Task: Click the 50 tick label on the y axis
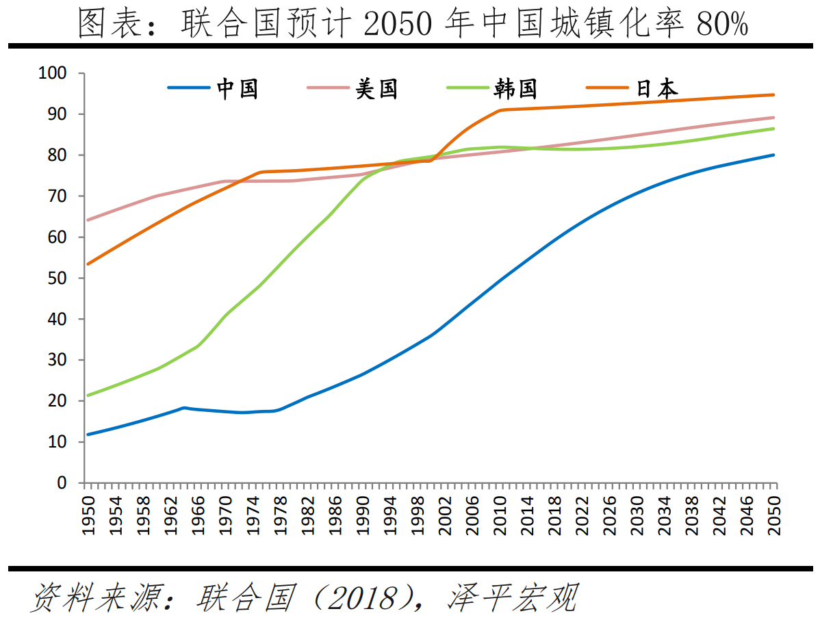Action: click(x=57, y=279)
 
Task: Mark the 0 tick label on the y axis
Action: click(x=62, y=483)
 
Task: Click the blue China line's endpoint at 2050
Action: click(x=774, y=155)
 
